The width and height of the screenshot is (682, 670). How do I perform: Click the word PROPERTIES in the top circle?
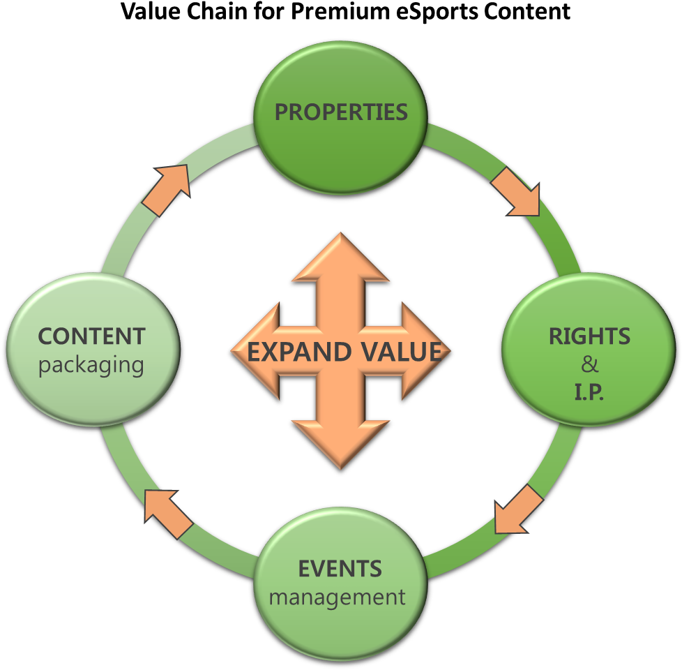(340, 112)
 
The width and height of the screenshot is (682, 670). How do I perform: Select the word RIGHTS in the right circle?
(589, 336)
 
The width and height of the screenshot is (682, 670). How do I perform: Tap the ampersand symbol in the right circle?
(589, 364)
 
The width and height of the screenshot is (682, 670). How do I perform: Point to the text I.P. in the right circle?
(589, 392)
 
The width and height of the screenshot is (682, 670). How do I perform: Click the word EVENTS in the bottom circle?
(340, 569)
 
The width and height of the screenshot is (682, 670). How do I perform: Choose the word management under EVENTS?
(338, 597)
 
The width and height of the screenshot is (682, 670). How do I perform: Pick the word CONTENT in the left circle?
(91, 336)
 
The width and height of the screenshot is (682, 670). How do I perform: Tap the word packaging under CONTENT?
(91, 365)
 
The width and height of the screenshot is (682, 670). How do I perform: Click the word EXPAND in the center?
(293, 352)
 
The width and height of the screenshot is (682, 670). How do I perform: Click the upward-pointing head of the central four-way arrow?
(340, 258)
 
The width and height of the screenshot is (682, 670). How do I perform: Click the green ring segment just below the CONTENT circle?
(115, 454)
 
